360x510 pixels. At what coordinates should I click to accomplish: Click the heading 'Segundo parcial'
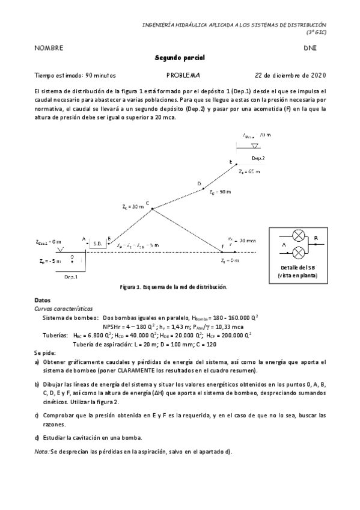point(180,58)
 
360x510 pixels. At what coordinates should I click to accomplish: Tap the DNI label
point(310,48)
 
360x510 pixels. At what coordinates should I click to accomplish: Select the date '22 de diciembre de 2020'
point(290,76)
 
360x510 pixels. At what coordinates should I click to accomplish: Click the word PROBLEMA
point(183,76)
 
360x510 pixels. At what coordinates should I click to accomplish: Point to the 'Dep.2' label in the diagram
point(258,158)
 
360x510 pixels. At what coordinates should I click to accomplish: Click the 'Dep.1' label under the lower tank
point(71,277)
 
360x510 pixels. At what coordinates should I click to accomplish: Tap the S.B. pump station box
point(98,244)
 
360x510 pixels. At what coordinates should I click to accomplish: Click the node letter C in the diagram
point(147,203)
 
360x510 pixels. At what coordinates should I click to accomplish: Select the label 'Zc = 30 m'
point(133,206)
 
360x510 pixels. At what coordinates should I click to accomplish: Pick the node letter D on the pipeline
point(199,183)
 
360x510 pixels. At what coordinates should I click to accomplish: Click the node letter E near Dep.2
point(230,162)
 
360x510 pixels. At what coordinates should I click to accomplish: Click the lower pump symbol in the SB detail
point(297,252)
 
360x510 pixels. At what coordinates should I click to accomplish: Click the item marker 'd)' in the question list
point(37,438)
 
